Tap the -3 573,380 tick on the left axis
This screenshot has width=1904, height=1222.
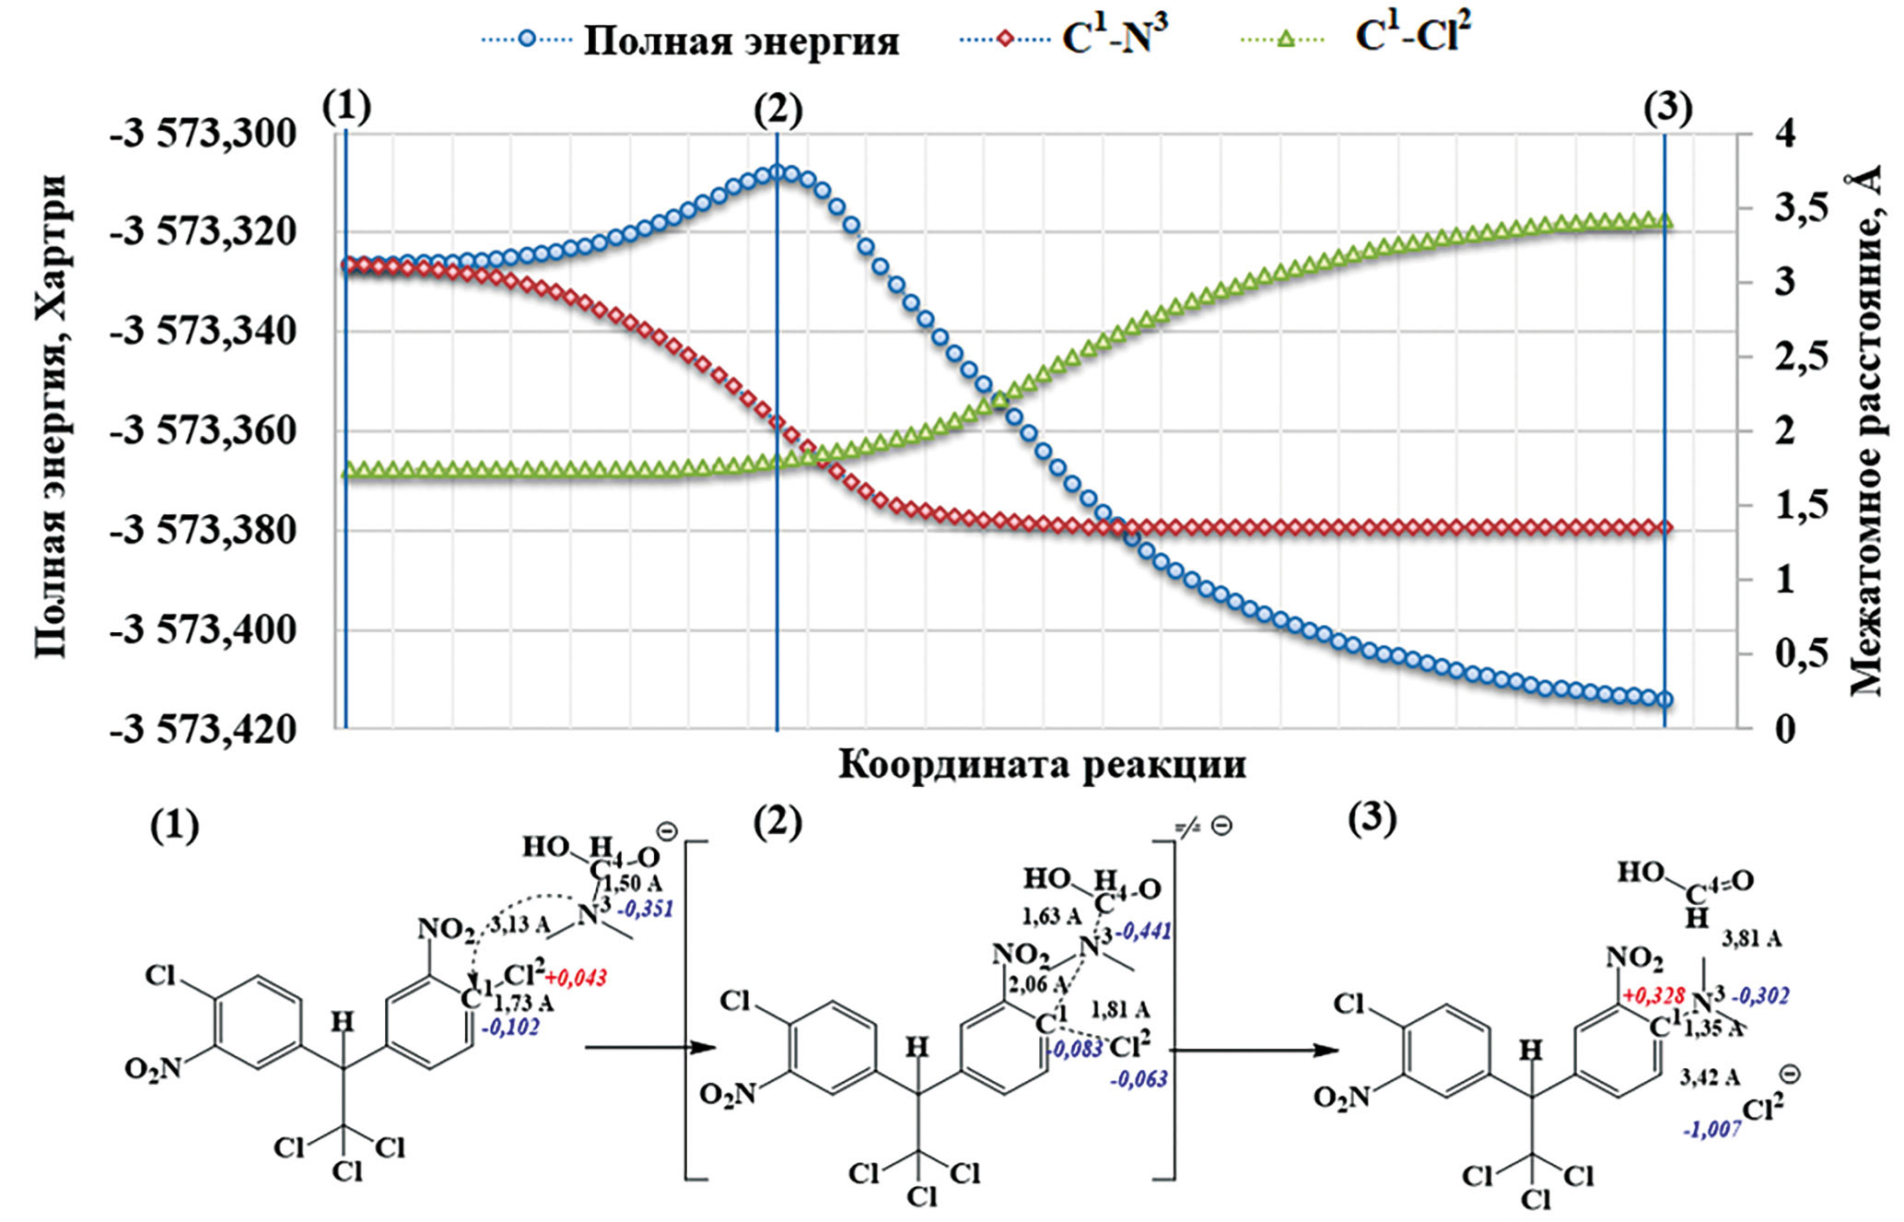(204, 532)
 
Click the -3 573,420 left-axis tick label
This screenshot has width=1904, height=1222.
(204, 730)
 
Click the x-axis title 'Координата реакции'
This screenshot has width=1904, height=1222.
(1042, 765)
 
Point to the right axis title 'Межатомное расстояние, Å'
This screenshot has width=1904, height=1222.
(1865, 433)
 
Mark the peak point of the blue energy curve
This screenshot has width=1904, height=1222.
(777, 172)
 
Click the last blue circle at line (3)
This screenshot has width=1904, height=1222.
(1665, 699)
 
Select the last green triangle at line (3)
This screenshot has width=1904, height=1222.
(1665, 220)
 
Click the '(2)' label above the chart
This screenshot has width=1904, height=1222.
(777, 111)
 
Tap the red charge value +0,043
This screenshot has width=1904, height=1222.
(576, 978)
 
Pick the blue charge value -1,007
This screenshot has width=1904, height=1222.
(1711, 1129)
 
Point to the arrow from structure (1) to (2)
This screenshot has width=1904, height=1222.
(649, 1048)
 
